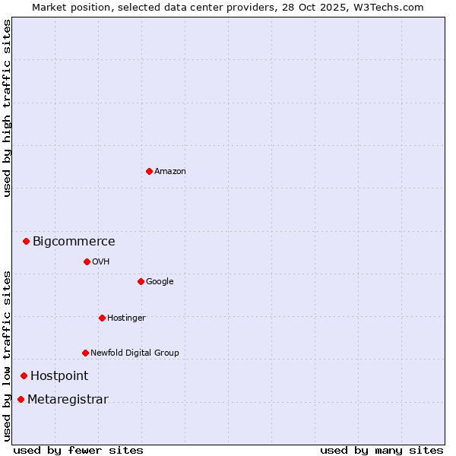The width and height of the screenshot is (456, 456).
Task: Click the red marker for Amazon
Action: coord(149,171)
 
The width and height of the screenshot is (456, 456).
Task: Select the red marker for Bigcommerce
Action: coord(26,241)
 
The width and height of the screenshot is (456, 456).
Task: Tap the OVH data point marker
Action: coord(87,261)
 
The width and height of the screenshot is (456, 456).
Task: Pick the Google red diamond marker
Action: coord(141,281)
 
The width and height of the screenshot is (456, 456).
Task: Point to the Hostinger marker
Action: coord(102,318)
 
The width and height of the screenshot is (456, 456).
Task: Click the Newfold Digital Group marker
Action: coord(85,353)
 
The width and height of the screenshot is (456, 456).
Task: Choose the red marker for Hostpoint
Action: coord(24,375)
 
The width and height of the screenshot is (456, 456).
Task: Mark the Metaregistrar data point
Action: coord(21,399)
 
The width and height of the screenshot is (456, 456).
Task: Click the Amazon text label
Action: coord(170,172)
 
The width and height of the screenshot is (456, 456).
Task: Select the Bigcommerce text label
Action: coord(74,242)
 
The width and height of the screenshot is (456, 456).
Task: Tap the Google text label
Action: coord(160,282)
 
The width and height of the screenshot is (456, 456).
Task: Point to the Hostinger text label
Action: coord(126,318)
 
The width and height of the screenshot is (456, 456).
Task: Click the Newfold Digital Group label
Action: coord(135,353)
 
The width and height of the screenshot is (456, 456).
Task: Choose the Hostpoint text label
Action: coord(59,376)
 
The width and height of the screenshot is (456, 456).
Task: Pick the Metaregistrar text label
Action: coord(68,400)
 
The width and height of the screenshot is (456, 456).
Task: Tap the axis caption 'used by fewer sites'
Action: coord(78,450)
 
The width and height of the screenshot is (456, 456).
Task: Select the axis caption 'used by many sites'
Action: coord(382,450)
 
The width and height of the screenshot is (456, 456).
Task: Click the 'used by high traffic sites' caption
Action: coord(7,108)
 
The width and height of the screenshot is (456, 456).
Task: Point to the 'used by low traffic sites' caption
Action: coord(7,355)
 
